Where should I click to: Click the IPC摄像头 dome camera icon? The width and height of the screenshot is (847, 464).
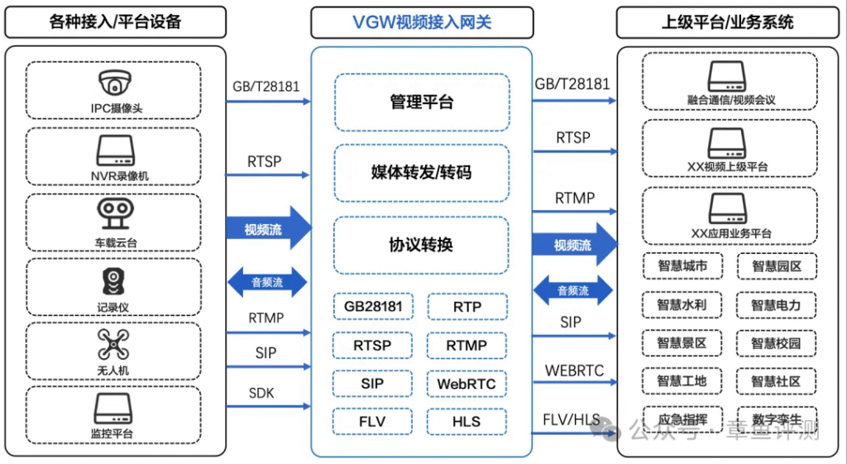tap(114, 83)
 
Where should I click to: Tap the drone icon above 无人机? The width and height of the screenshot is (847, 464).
tap(114, 344)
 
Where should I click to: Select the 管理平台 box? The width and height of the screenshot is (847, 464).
tap(421, 103)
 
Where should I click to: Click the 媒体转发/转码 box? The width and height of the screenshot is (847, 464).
tap(421, 173)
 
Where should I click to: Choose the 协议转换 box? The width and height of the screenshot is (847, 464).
tap(421, 246)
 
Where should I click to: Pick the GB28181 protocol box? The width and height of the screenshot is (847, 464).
tap(373, 307)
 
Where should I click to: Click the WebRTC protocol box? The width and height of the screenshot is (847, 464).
tap(467, 384)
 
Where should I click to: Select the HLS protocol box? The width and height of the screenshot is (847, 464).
tap(467, 421)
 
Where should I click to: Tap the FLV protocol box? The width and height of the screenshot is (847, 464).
tap(373, 421)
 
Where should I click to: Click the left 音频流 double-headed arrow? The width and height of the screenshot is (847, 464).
tap(267, 282)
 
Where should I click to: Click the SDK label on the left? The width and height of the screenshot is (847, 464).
tap(261, 393)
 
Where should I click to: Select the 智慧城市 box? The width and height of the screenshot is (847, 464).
tap(682, 266)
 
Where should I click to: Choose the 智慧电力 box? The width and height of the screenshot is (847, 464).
tap(776, 304)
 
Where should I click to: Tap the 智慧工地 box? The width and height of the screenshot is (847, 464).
tap(682, 381)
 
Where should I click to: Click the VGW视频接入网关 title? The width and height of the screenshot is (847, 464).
tap(421, 22)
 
